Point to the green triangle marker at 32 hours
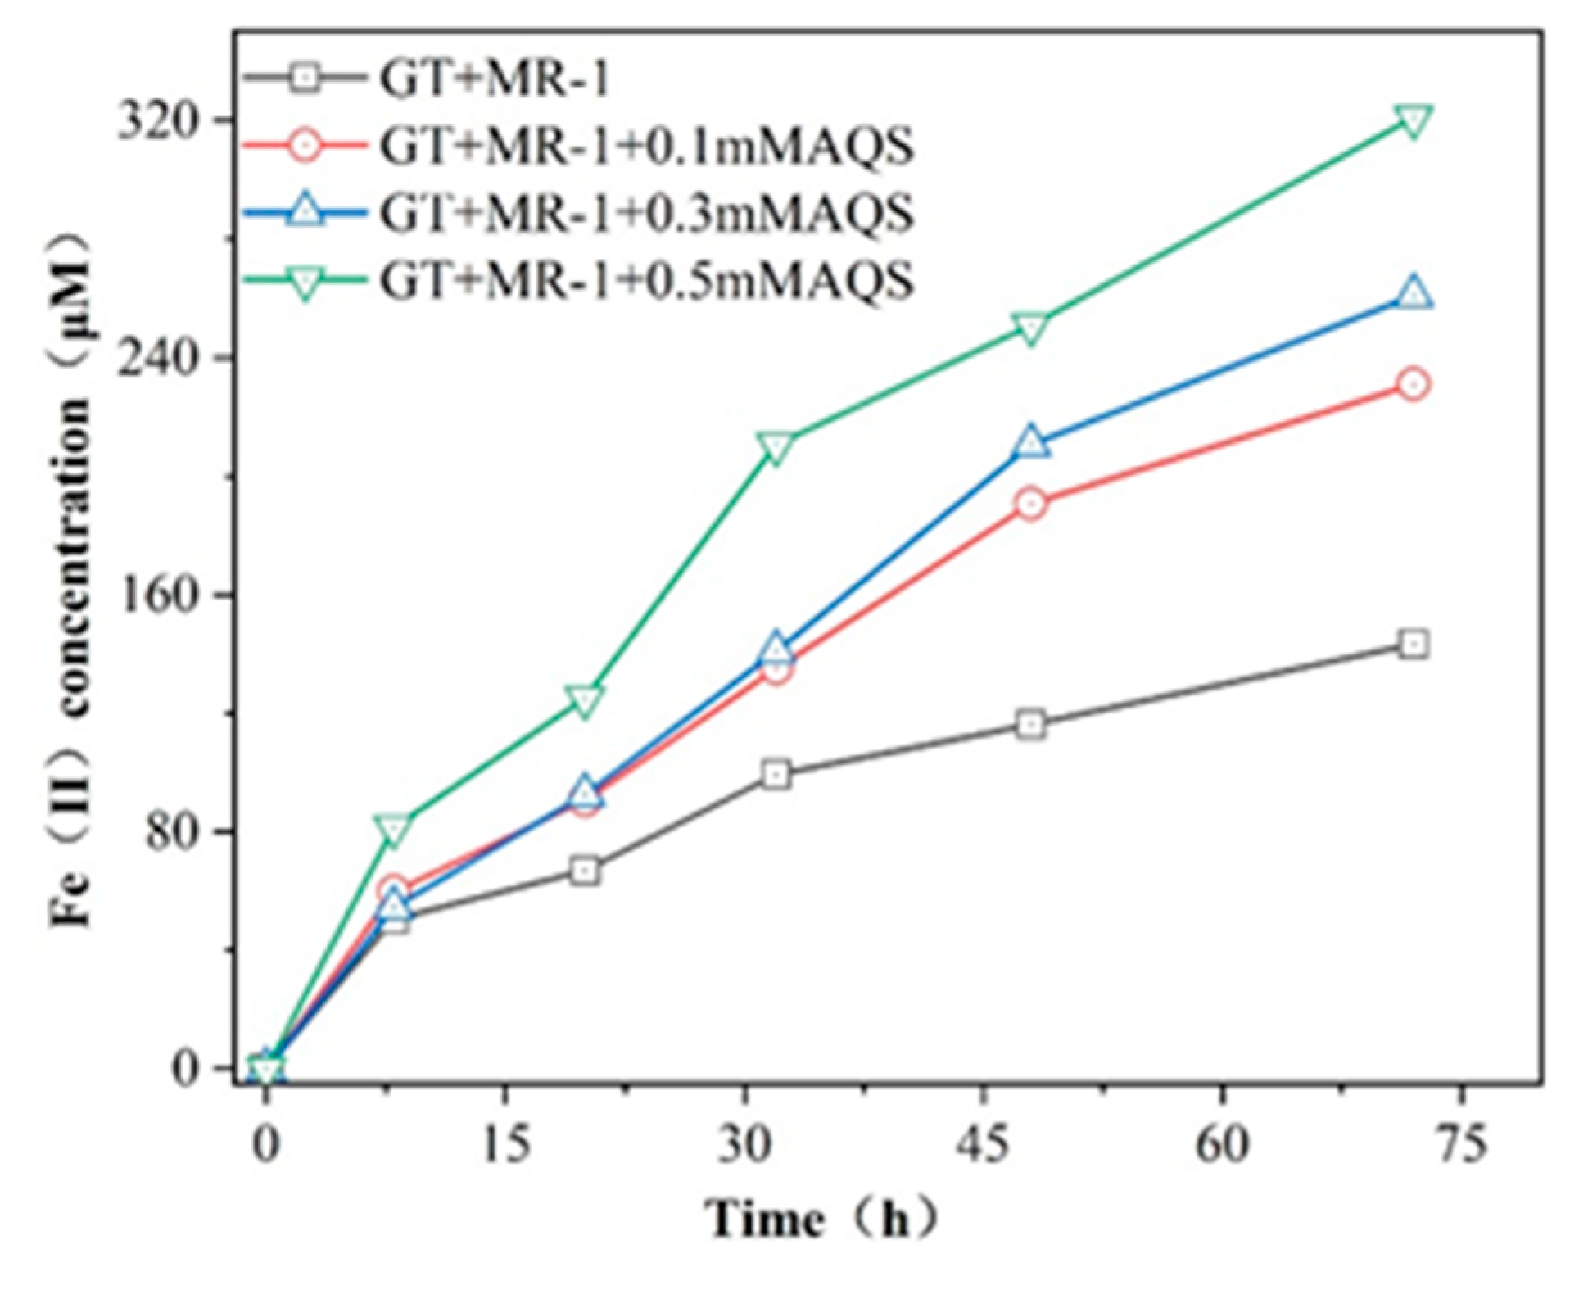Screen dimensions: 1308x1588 775,446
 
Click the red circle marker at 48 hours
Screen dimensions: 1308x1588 1032,504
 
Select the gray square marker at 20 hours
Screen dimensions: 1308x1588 584,870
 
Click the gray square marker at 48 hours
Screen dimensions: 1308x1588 1032,725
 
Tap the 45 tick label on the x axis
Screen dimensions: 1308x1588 984,1144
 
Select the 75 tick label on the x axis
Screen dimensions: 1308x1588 1461,1144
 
